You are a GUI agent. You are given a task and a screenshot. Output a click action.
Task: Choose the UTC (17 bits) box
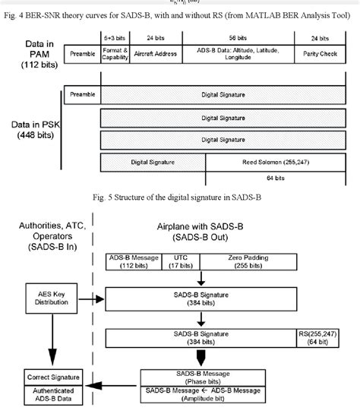coord(177,263)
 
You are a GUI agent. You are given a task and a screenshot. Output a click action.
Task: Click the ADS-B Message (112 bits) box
coord(132,263)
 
